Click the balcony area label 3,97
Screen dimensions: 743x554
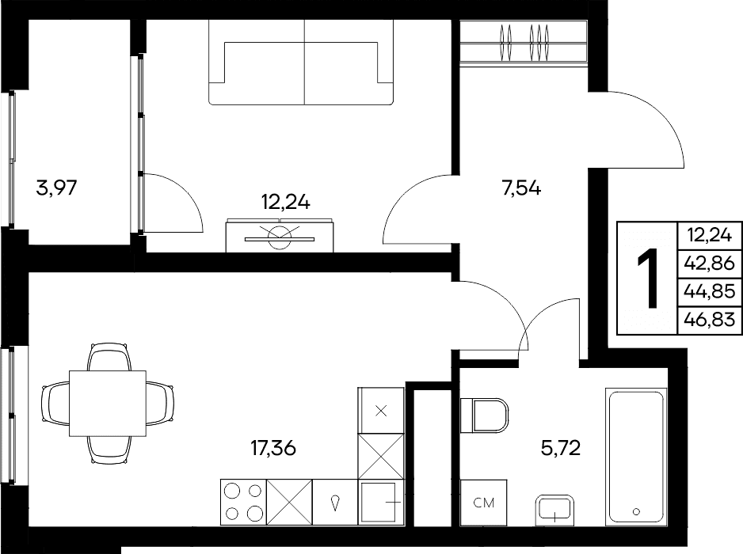pyautogui.click(x=56, y=188)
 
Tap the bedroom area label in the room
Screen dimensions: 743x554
pyautogui.click(x=286, y=203)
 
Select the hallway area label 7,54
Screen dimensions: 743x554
pyautogui.click(x=521, y=188)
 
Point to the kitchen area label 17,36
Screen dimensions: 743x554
pyautogui.click(x=273, y=447)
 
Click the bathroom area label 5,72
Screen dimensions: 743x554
pyautogui.click(x=561, y=447)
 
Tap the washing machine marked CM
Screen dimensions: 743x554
pyautogui.click(x=484, y=503)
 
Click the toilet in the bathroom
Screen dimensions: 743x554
pyautogui.click(x=484, y=415)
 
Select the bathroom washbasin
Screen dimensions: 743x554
pyautogui.click(x=555, y=510)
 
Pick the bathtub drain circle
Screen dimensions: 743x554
pyautogui.click(x=636, y=512)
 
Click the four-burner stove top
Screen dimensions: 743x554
pyautogui.click(x=243, y=502)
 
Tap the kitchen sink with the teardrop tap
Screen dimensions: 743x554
pyautogui.click(x=335, y=502)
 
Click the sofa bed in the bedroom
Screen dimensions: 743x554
pyautogui.click(x=301, y=62)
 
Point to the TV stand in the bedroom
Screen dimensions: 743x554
pyautogui.click(x=280, y=235)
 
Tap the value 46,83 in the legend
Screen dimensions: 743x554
pyautogui.click(x=710, y=320)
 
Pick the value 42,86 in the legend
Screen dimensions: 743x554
pyautogui.click(x=710, y=263)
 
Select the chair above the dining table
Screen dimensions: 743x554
pyautogui.click(x=108, y=357)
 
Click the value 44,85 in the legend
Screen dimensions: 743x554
pyautogui.click(x=710, y=291)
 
